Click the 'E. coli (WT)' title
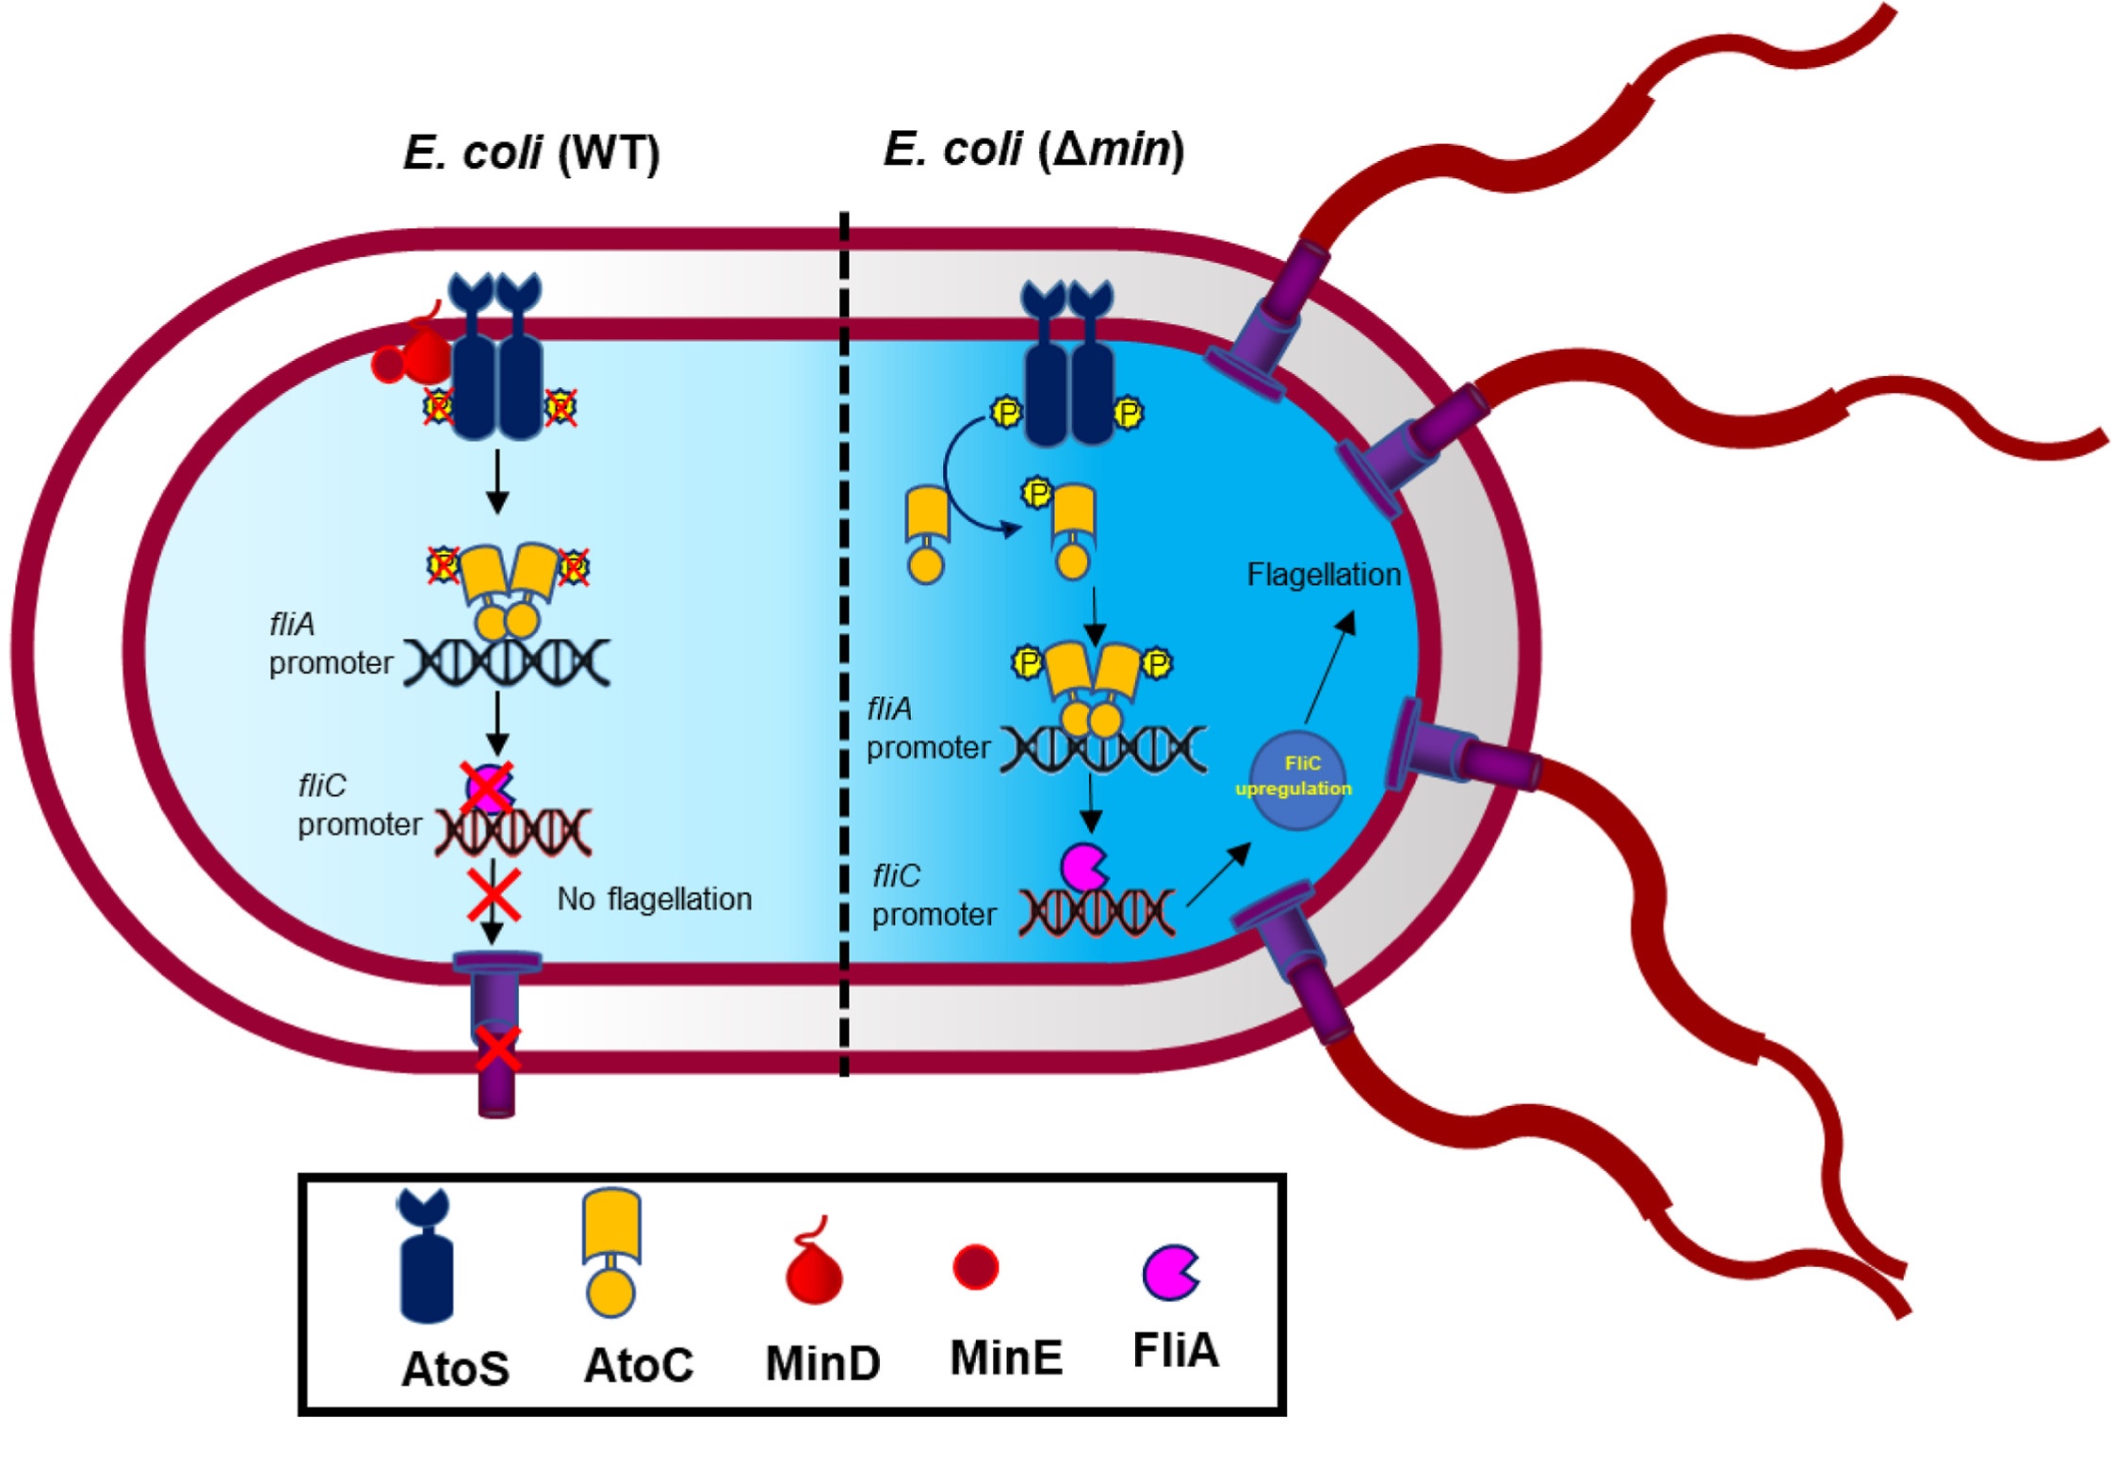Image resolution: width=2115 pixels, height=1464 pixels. tap(531, 152)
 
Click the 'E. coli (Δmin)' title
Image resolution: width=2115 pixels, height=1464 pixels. tap(1033, 149)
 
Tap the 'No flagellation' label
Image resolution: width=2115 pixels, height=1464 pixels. tap(654, 899)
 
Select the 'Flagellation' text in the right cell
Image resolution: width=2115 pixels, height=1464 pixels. tap(1323, 575)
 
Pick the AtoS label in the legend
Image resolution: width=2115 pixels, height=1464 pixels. tap(455, 1368)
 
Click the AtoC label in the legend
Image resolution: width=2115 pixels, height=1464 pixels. tap(639, 1364)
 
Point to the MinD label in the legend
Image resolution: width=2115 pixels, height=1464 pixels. tap(822, 1362)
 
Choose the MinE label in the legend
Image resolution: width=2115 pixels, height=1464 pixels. tap(1006, 1358)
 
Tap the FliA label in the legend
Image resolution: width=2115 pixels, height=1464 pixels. tap(1176, 1350)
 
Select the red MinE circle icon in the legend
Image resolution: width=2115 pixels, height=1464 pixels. tap(975, 1266)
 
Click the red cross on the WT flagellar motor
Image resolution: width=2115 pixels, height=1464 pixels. tap(496, 1049)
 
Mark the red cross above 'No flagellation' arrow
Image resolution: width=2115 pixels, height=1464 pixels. tap(495, 895)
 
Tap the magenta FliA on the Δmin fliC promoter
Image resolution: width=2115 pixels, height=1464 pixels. tap(1083, 867)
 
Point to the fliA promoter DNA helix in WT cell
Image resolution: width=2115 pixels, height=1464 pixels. tap(507, 662)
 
